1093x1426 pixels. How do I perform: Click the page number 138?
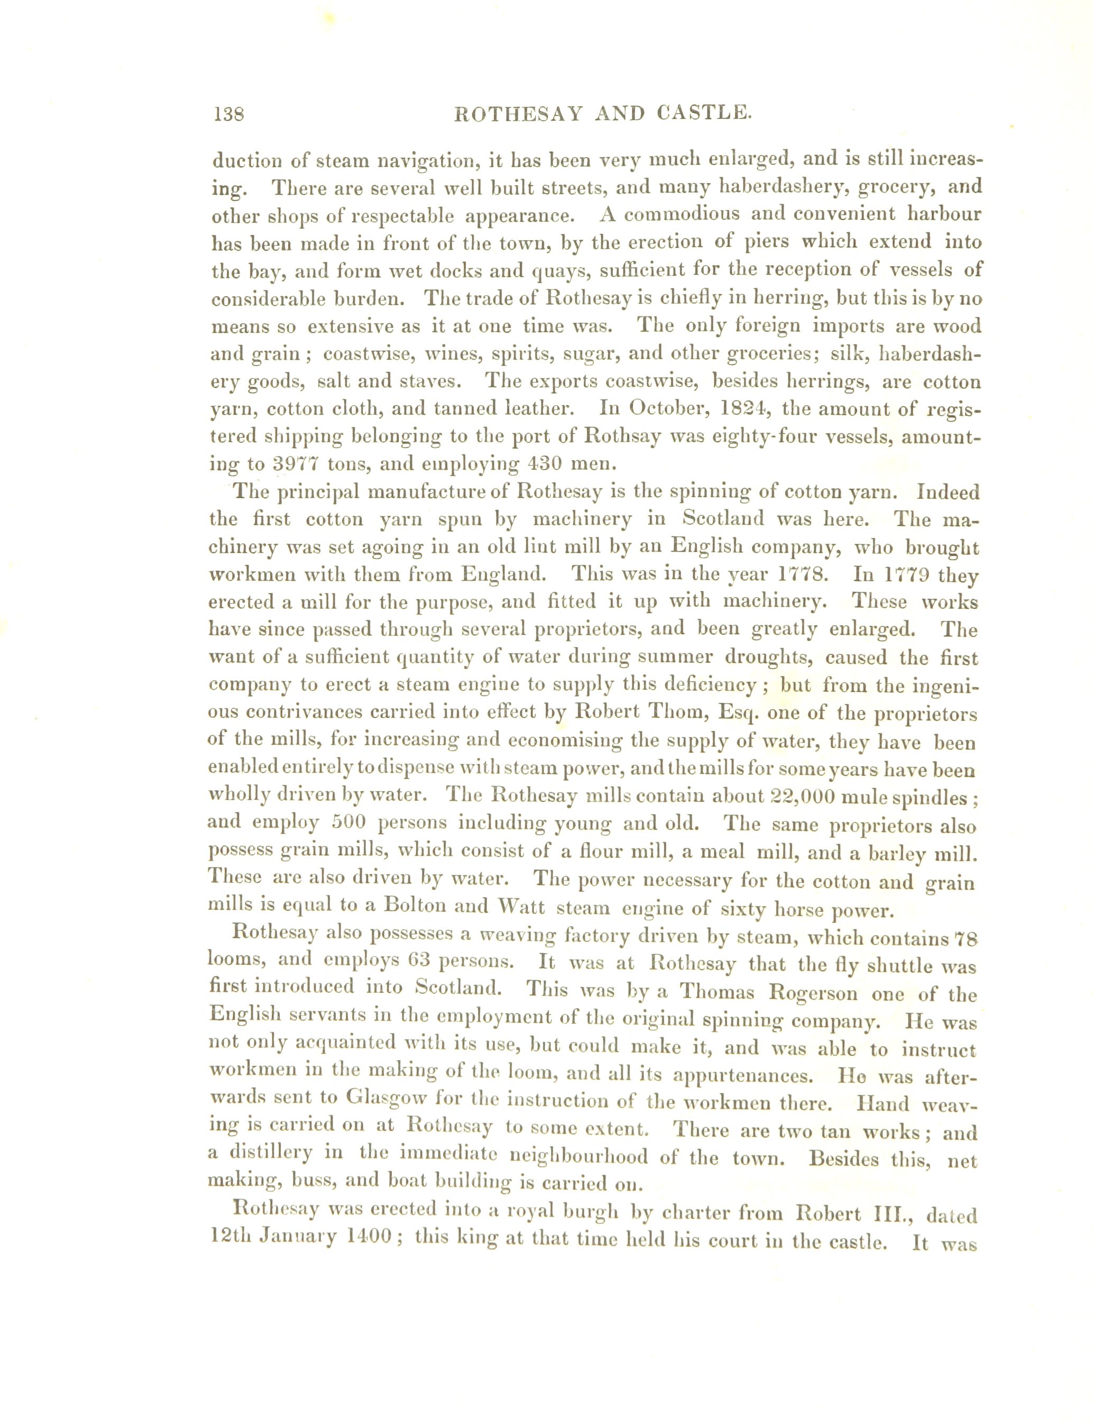[228, 115]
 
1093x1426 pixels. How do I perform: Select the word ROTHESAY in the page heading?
[518, 115]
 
